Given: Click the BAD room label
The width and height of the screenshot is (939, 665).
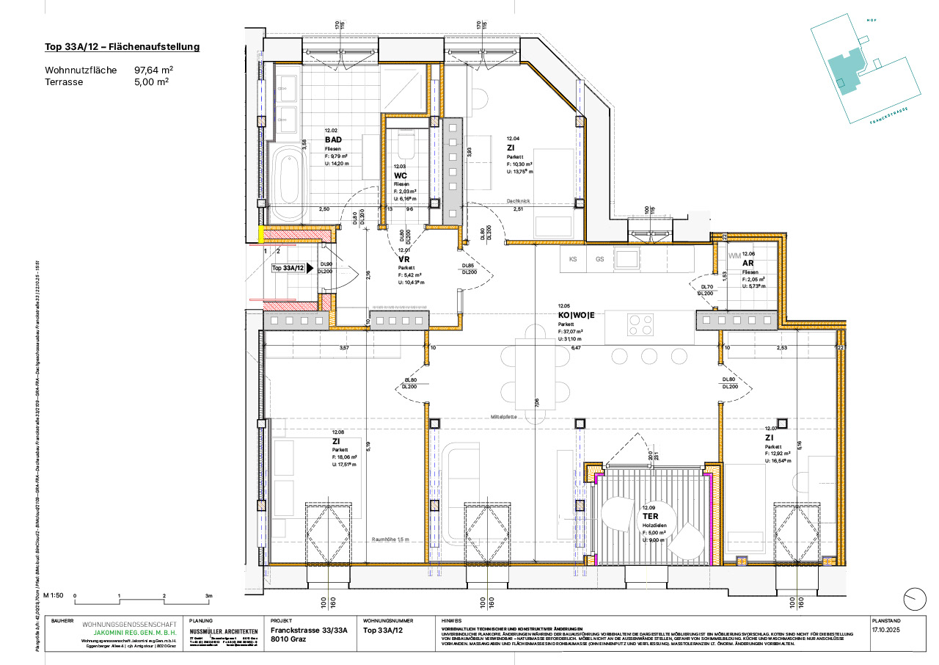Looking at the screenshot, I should pyautogui.click(x=333, y=139).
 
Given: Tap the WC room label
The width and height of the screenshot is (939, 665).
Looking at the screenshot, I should pyautogui.click(x=401, y=176).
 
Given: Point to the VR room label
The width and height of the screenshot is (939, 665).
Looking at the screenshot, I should pyautogui.click(x=403, y=259).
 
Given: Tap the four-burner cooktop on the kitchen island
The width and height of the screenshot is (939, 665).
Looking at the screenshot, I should pyautogui.click(x=640, y=324).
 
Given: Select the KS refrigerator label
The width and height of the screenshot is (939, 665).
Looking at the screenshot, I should pyautogui.click(x=574, y=259).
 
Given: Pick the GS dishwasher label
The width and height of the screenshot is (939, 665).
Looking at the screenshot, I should pyautogui.click(x=599, y=259).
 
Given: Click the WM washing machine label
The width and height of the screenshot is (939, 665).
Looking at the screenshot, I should pyautogui.click(x=735, y=255).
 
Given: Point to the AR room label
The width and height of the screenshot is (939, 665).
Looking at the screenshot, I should pyautogui.click(x=748, y=262).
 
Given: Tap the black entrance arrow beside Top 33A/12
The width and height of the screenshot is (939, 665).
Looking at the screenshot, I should pyautogui.click(x=310, y=269).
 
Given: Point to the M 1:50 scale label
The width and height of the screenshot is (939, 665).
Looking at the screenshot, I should pyautogui.click(x=54, y=595).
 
